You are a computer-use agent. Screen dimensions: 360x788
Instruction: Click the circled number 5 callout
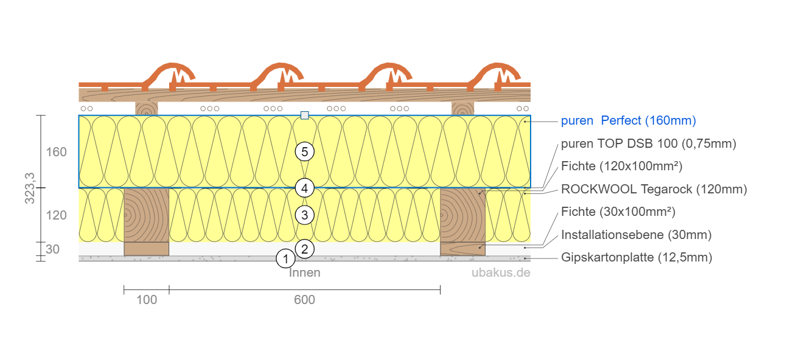[x=305, y=152]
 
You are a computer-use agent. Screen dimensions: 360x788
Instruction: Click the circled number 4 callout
[x=305, y=189]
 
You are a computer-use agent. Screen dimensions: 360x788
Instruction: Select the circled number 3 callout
[x=305, y=215]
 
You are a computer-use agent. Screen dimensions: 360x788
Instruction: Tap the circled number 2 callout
[x=305, y=248]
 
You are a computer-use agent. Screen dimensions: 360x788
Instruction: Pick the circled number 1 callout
[x=285, y=259]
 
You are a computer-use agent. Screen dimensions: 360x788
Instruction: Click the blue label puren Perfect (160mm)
[x=628, y=121]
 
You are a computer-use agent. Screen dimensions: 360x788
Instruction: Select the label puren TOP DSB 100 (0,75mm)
[x=649, y=144]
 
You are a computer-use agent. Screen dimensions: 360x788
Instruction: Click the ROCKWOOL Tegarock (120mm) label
[x=654, y=189]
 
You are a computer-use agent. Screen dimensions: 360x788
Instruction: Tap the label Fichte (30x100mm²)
[x=618, y=212]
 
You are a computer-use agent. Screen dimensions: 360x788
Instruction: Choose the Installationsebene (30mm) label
[x=636, y=235]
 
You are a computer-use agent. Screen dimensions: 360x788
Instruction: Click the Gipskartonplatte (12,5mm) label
[x=636, y=257]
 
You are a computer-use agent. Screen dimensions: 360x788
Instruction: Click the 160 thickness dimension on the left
[x=57, y=151]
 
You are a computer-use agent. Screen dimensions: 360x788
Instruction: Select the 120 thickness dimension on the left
[x=57, y=215]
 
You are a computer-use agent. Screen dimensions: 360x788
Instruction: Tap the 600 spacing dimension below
[x=304, y=300]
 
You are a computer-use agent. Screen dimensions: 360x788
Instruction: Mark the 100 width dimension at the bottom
[x=147, y=300]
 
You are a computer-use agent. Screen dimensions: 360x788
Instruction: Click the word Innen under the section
[x=305, y=273]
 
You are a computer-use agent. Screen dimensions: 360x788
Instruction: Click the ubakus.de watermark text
[x=501, y=273]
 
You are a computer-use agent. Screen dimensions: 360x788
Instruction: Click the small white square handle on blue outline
[x=305, y=115]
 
